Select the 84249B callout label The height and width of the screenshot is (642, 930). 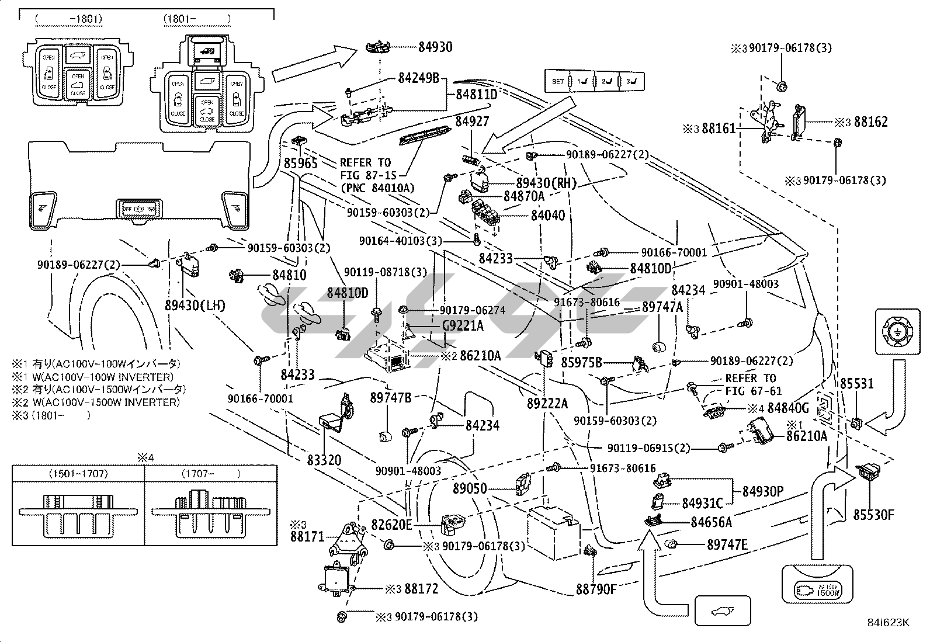[418, 77]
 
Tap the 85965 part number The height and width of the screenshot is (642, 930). [301, 163]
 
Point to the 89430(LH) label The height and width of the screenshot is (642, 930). [195, 305]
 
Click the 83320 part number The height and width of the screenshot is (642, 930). [324, 460]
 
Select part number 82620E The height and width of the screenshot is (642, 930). [391, 525]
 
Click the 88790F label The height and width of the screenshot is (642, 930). [596, 588]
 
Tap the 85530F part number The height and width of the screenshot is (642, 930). [873, 515]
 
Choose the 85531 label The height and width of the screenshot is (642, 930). [856, 384]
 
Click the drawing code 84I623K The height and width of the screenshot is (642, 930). [887, 623]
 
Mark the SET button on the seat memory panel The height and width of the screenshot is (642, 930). [558, 81]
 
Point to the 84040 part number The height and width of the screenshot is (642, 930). [547, 215]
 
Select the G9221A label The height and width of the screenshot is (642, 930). [463, 325]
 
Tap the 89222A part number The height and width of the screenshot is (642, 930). [547, 402]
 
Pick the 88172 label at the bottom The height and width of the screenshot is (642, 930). [421, 589]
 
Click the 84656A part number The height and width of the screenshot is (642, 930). [711, 522]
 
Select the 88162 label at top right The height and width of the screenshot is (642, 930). [870, 122]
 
